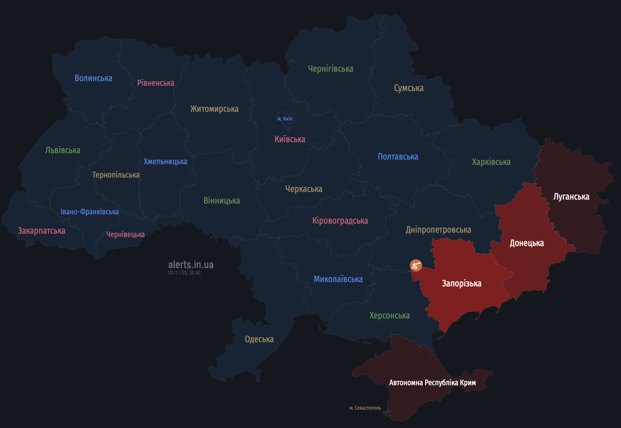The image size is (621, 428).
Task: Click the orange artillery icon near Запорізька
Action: (416, 265)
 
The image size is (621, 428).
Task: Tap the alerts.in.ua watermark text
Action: (191, 265)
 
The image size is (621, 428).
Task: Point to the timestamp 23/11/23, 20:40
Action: (184, 273)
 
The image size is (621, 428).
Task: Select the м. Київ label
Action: (285, 119)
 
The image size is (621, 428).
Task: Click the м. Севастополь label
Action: (365, 408)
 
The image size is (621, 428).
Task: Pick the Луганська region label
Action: (571, 196)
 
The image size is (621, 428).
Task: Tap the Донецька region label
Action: (527, 243)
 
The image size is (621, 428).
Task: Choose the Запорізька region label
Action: (461, 283)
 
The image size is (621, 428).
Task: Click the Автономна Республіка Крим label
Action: (432, 383)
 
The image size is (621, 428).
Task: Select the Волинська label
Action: (93, 78)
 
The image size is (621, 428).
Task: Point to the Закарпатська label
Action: (41, 231)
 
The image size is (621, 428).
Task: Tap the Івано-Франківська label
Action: (90, 212)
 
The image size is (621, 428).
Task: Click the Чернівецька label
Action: (126, 235)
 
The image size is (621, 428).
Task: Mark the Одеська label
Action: (259, 339)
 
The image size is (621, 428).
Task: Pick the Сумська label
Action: (408, 88)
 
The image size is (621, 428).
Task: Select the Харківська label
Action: (491, 162)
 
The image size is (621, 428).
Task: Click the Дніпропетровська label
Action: (439, 230)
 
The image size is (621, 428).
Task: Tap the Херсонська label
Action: (389, 315)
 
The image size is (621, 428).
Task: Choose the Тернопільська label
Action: (116, 175)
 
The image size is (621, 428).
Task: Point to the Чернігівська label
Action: (330, 69)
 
